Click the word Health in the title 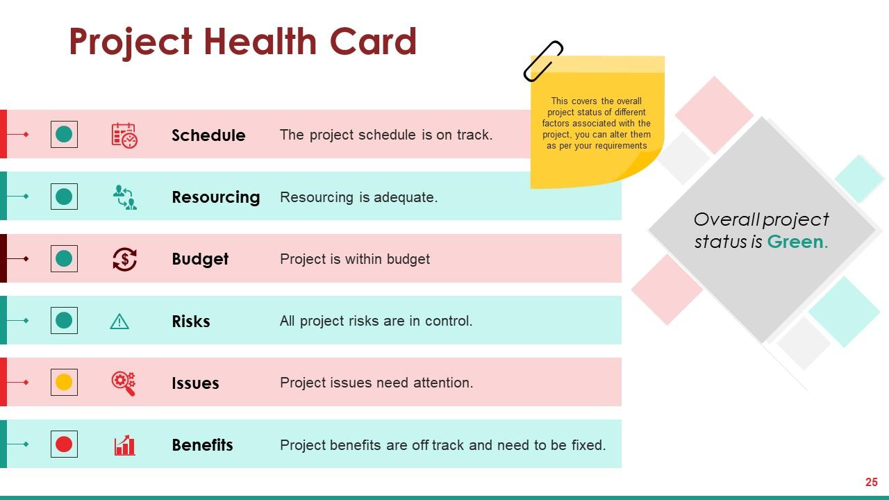(260, 41)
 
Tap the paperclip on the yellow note (543, 62)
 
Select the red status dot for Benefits (64, 444)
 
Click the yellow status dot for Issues (64, 382)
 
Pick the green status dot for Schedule (64, 134)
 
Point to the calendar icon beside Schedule (124, 135)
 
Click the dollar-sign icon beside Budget (124, 259)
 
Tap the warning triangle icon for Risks (119, 322)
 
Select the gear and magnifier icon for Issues (124, 383)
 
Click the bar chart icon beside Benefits (124, 445)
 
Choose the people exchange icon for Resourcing (125, 197)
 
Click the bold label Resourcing (216, 197)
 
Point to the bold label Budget (200, 259)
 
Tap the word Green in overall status (795, 242)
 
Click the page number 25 (872, 482)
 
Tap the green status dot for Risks (64, 320)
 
